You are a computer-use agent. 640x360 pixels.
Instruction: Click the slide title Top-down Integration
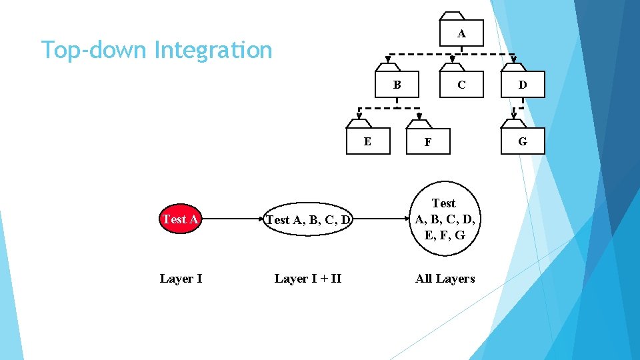(x=157, y=50)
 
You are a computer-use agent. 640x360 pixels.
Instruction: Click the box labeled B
(x=397, y=85)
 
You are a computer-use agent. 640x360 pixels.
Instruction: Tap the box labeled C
(x=461, y=85)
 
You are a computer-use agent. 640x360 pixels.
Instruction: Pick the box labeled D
(x=523, y=85)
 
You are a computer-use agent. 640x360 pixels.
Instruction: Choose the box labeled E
(x=368, y=141)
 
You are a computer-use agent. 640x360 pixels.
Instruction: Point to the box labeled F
(x=428, y=141)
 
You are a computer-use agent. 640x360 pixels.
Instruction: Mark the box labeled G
(x=523, y=141)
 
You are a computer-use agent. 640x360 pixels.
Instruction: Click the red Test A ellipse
(x=180, y=219)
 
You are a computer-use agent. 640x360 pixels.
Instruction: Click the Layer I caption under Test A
(x=181, y=279)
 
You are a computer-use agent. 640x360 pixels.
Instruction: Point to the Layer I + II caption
(x=307, y=279)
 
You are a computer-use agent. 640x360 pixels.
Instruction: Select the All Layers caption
(x=445, y=279)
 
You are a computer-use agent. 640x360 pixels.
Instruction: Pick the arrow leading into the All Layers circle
(x=380, y=219)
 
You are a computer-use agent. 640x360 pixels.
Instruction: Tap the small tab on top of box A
(x=453, y=16)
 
